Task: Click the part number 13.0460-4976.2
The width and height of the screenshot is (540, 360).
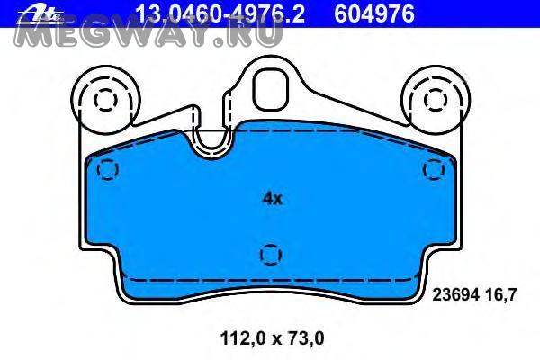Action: [220, 13]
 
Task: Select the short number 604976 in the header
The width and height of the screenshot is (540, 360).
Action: [374, 13]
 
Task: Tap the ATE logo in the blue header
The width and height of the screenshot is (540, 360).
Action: [41, 13]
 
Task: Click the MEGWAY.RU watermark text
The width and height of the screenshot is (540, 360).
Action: [148, 34]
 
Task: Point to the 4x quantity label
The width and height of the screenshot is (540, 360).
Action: [273, 199]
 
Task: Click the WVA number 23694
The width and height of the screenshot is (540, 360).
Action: [456, 295]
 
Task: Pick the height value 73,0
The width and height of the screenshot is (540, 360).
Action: [304, 338]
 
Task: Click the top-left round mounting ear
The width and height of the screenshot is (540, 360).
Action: [105, 100]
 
